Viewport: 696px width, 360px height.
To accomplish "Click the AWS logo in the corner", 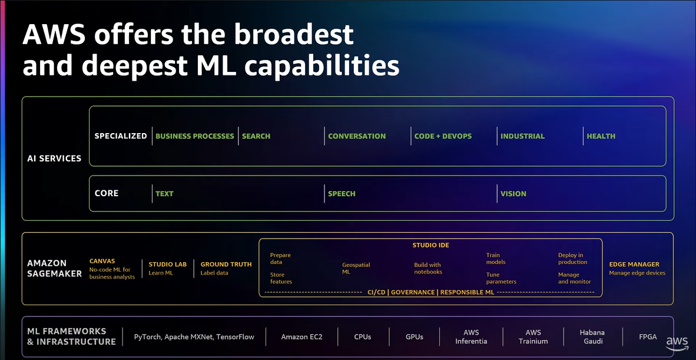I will tap(677, 343).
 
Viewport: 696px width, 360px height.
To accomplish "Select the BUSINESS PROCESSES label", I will tap(194, 136).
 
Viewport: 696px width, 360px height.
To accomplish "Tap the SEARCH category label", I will tap(256, 136).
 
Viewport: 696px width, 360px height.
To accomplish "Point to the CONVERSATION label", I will tap(357, 136).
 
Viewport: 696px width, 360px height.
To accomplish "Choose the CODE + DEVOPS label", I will tap(443, 136).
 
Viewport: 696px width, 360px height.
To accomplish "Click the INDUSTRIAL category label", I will tap(522, 136).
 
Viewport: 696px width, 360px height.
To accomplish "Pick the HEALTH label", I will tap(601, 136).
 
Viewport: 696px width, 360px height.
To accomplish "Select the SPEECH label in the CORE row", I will tap(342, 194).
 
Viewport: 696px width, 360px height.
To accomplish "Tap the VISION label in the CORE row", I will tap(513, 194).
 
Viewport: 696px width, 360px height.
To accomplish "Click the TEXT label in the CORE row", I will tap(164, 194).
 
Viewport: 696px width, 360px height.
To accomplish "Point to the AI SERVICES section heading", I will tap(54, 158).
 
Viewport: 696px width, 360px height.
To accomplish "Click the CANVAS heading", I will tap(102, 261).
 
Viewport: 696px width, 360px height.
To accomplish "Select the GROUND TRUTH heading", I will tap(226, 265).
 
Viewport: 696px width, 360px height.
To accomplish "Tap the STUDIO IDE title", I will tap(430, 245).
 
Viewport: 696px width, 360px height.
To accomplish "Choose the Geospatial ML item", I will tap(356, 269).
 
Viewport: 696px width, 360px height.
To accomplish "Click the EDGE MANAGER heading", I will tap(634, 265).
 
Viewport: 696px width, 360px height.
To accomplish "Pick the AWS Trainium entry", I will tap(533, 337).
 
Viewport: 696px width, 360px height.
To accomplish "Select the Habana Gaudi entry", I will tap(592, 337).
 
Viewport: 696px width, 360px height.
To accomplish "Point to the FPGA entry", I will tap(648, 337).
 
